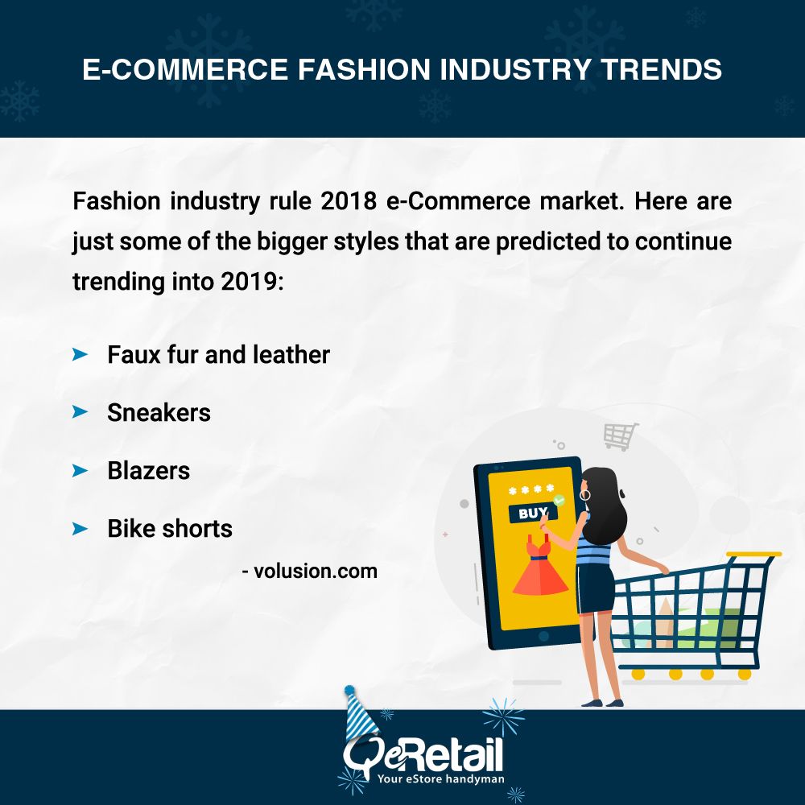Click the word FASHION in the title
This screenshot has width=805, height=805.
[364, 69]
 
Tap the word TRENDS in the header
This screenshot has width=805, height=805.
[662, 69]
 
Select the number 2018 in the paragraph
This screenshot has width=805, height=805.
[349, 200]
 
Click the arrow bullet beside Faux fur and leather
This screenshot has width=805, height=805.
[80, 354]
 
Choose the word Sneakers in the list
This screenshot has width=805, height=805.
[159, 413]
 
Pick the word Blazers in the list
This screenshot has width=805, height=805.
[148, 471]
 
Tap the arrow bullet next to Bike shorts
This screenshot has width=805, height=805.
[80, 529]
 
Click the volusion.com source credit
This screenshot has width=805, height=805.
[310, 571]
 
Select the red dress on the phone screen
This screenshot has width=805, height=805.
[540, 565]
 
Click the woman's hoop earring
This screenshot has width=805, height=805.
[585, 495]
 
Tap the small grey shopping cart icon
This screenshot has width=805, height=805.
[621, 436]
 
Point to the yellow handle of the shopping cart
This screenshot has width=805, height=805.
[753, 555]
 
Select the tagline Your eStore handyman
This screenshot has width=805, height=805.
[440, 778]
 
